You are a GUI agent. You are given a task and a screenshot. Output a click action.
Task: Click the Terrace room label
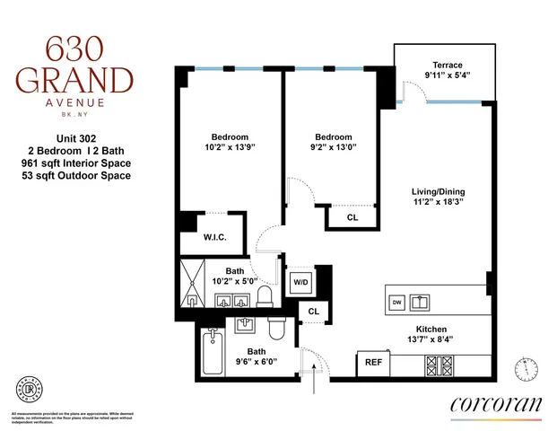point(447,65)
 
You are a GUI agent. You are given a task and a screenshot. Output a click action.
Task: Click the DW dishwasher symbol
point(396,303)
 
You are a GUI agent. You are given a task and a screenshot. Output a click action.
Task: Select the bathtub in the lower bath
point(213,351)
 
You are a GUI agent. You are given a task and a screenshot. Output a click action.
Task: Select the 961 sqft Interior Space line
point(75,163)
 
